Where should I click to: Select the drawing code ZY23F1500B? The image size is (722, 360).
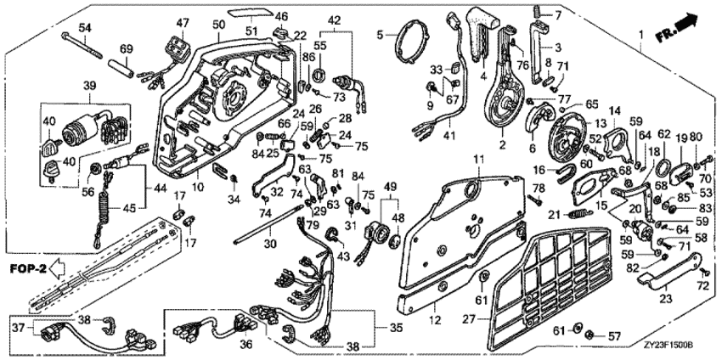[x=674, y=345]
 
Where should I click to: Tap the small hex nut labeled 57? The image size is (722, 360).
[x=588, y=336]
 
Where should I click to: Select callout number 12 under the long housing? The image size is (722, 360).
[x=436, y=318]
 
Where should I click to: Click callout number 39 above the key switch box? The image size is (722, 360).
[x=89, y=87]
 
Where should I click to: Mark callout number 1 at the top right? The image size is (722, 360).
[x=641, y=33]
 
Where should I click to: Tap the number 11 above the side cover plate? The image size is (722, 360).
[x=479, y=160]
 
